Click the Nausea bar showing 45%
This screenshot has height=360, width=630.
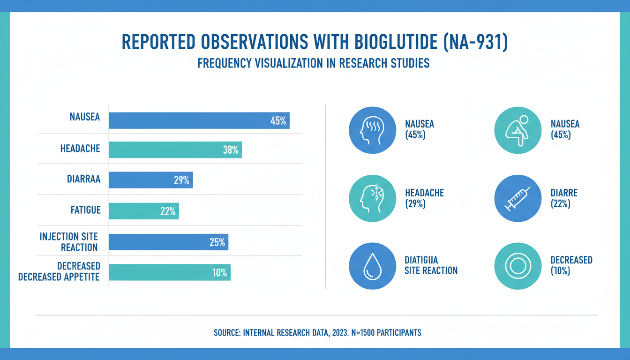click(199, 120)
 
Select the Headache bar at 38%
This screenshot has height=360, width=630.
click(175, 150)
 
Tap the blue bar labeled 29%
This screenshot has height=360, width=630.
click(150, 180)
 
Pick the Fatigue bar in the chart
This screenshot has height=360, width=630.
click(143, 211)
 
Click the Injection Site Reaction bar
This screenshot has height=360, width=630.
click(168, 242)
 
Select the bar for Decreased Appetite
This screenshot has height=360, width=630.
click(169, 272)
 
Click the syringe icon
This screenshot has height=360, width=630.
click(517, 198)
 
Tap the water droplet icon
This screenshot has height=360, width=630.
click(372, 266)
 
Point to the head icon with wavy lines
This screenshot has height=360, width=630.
click(372, 130)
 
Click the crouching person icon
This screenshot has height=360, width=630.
click(517, 130)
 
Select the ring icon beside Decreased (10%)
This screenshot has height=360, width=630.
click(517, 266)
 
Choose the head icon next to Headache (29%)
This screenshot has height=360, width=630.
click(372, 198)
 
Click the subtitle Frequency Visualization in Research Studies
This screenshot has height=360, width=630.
click(314, 63)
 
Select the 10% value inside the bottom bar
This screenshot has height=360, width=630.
click(219, 272)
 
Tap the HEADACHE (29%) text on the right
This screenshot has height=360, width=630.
click(424, 198)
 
